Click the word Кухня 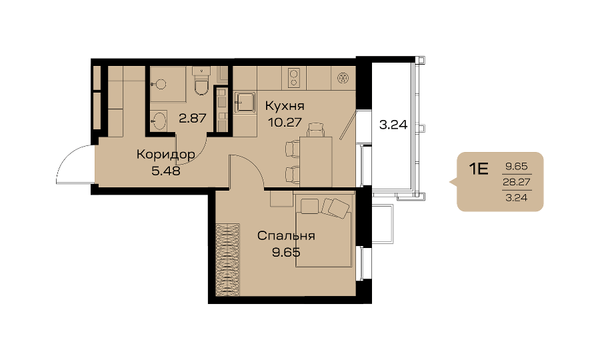[x=285, y=105]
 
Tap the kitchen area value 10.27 [x=285, y=123]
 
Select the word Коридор [x=166, y=155]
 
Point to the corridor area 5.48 [x=166, y=171]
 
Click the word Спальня [x=286, y=235]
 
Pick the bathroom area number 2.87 [x=193, y=118]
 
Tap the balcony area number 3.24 [x=393, y=125]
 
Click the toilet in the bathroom [x=201, y=81]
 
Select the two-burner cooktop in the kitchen [x=294, y=77]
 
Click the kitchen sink [x=245, y=103]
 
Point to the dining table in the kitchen [x=316, y=161]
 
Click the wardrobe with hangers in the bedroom [x=227, y=260]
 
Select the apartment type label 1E [x=479, y=169]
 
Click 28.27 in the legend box [x=517, y=182]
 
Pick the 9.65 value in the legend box [x=517, y=167]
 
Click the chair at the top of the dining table [x=316, y=130]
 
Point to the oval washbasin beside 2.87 [x=158, y=121]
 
